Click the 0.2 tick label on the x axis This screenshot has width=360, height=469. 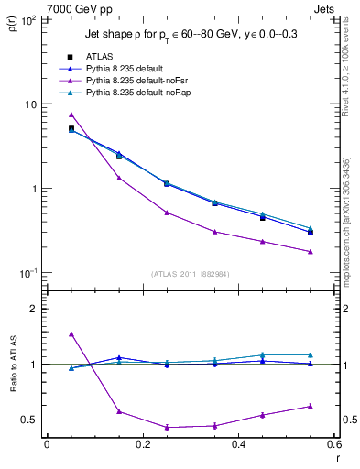(142, 443)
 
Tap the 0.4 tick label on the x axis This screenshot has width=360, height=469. (237, 443)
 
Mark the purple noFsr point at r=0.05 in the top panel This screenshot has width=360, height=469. (71, 115)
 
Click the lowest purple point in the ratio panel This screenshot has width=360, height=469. (167, 427)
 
